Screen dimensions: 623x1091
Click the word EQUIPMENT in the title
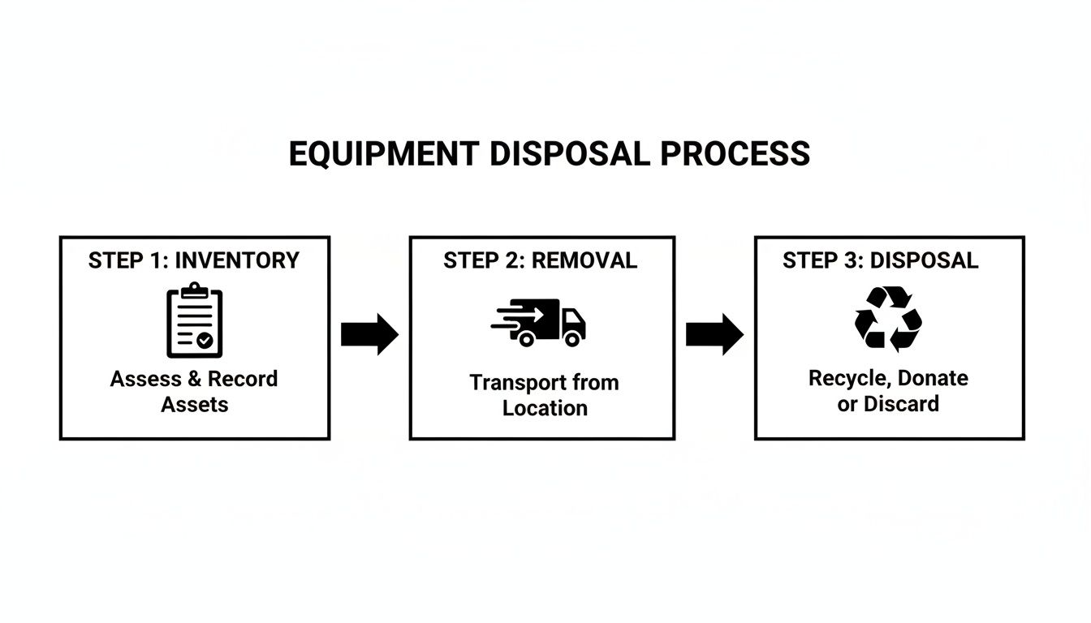pos(383,154)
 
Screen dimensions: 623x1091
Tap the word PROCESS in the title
pos(735,154)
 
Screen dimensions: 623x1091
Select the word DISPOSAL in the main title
pos(569,154)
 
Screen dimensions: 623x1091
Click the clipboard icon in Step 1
pos(195,320)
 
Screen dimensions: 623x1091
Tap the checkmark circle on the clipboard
pos(206,341)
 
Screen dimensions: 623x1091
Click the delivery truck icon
pos(540,322)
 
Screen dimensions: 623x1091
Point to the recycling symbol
pos(888,318)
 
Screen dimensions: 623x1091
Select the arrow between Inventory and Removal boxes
pos(369,333)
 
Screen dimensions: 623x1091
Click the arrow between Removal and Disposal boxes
pos(714,333)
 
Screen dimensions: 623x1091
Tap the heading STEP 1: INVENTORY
pos(194,260)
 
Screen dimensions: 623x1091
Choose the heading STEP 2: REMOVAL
pos(541,260)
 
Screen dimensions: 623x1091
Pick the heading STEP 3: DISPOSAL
pos(881,260)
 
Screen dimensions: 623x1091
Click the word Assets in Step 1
pos(195,404)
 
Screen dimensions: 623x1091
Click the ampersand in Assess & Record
pos(195,379)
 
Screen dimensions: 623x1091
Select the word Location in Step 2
pos(545,408)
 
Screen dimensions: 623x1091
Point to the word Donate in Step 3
pos(933,378)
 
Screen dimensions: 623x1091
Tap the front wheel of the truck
pos(573,339)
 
